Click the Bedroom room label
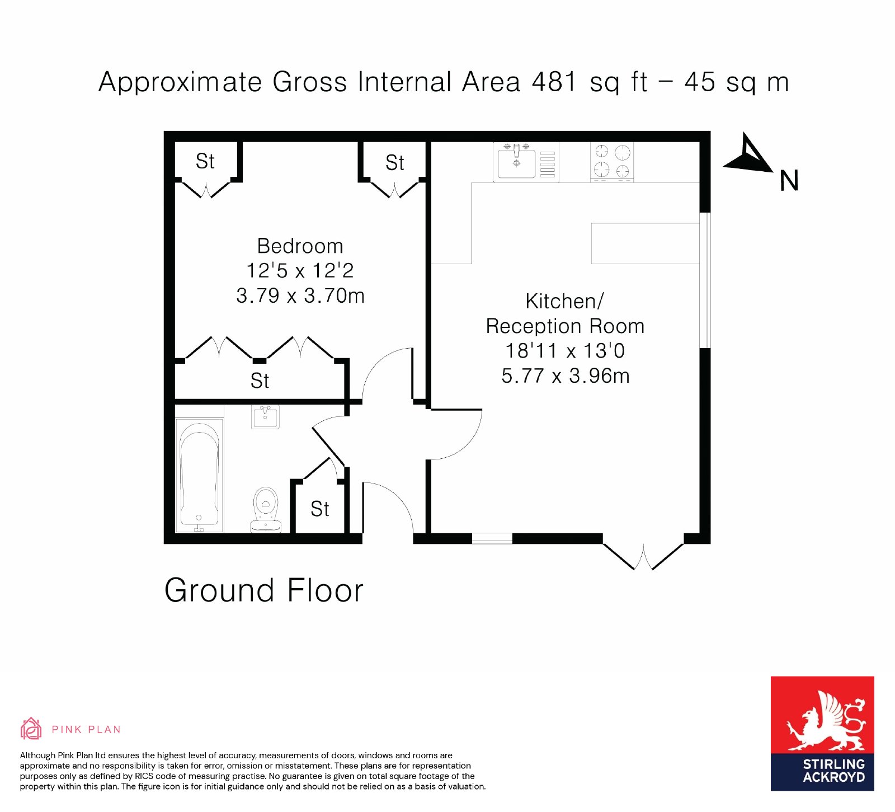coord(300,246)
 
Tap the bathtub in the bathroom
coord(199,475)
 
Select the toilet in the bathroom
coord(266,509)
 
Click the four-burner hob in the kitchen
coord(612,162)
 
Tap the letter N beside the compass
coord(789,181)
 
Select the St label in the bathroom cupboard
coord(320,509)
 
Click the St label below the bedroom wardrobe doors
coord(260,381)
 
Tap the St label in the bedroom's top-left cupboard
coord(205,161)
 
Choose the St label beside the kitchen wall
coord(394,163)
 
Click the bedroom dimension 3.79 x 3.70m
coord(300,295)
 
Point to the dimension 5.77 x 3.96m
coord(566,376)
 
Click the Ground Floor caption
coord(264,590)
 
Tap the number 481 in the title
coord(554,82)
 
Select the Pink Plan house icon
coord(31,729)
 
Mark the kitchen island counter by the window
coord(646,243)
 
